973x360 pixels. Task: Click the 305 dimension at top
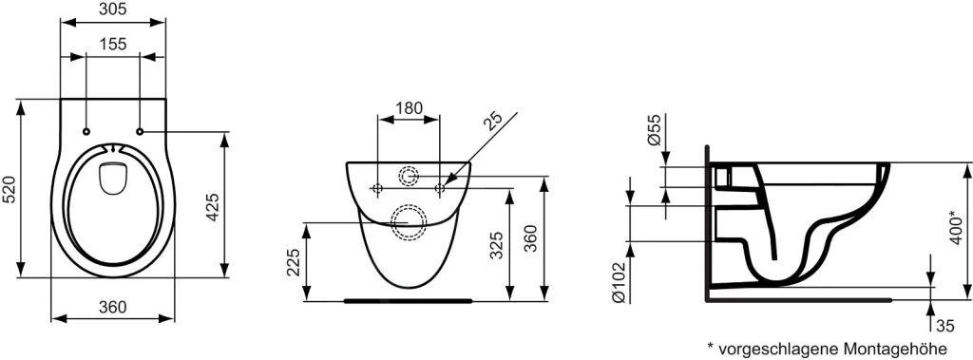(112, 10)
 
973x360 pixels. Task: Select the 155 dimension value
(112, 44)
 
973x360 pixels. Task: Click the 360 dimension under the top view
(112, 306)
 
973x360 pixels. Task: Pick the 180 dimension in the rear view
(409, 108)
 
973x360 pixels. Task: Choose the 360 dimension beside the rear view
(532, 238)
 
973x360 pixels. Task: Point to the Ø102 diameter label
(619, 281)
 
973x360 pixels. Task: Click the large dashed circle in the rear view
(410, 218)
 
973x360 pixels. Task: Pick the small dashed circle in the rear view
(410, 177)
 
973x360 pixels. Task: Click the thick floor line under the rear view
(409, 301)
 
